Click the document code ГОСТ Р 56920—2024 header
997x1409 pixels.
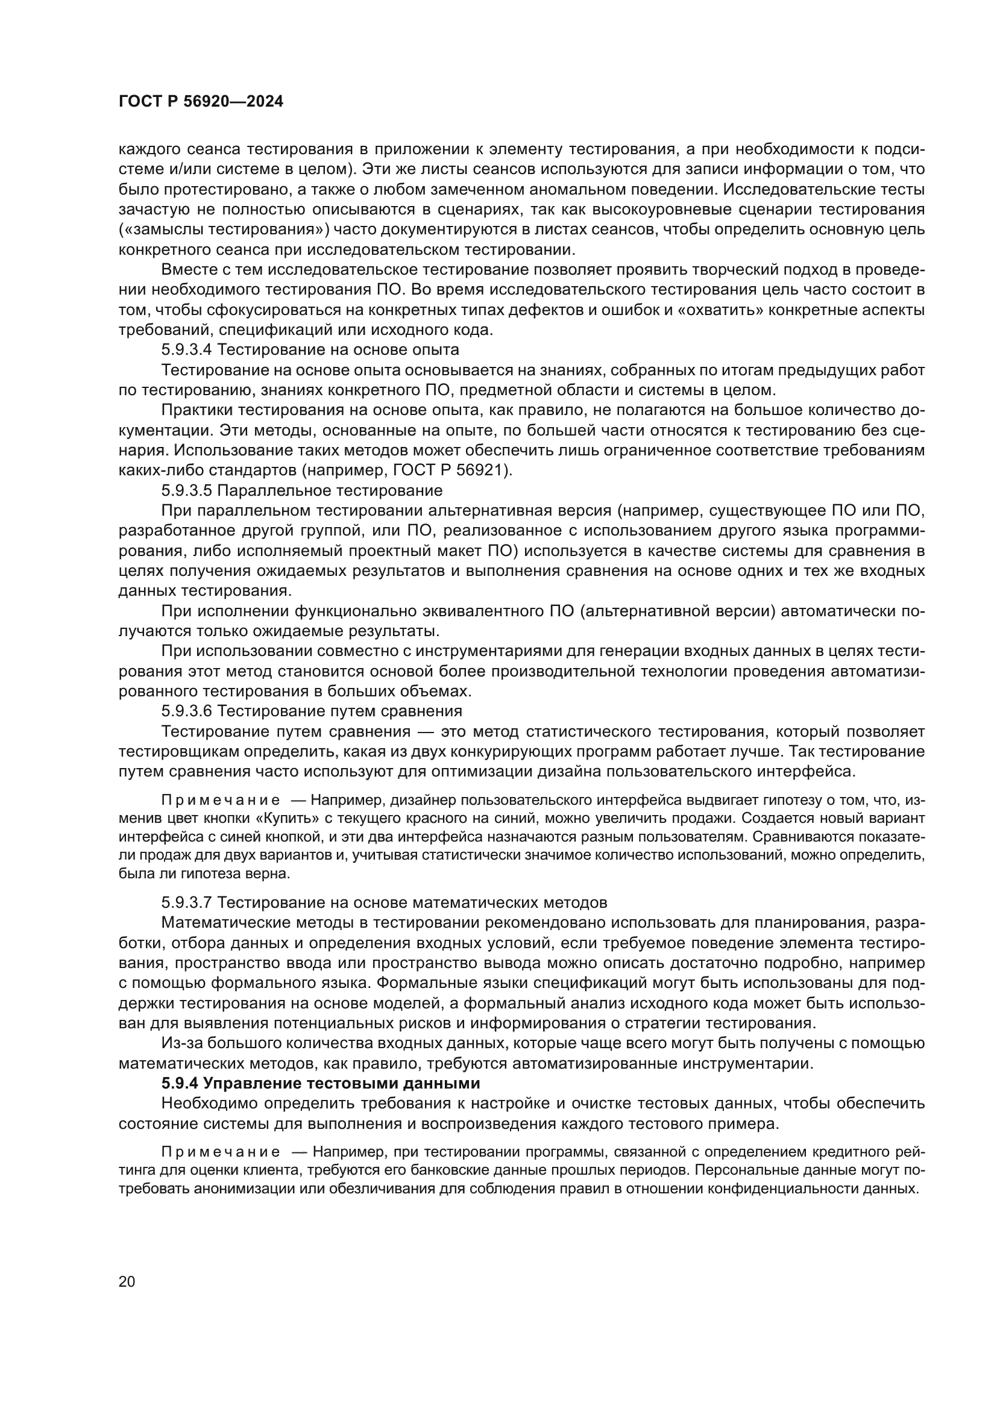pos(201,102)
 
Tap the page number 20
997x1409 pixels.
pos(127,1281)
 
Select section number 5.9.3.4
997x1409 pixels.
pos(187,350)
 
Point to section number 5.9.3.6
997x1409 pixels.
pos(187,711)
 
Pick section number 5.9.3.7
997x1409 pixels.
pos(187,902)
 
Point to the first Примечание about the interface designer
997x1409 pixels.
pos(221,800)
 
